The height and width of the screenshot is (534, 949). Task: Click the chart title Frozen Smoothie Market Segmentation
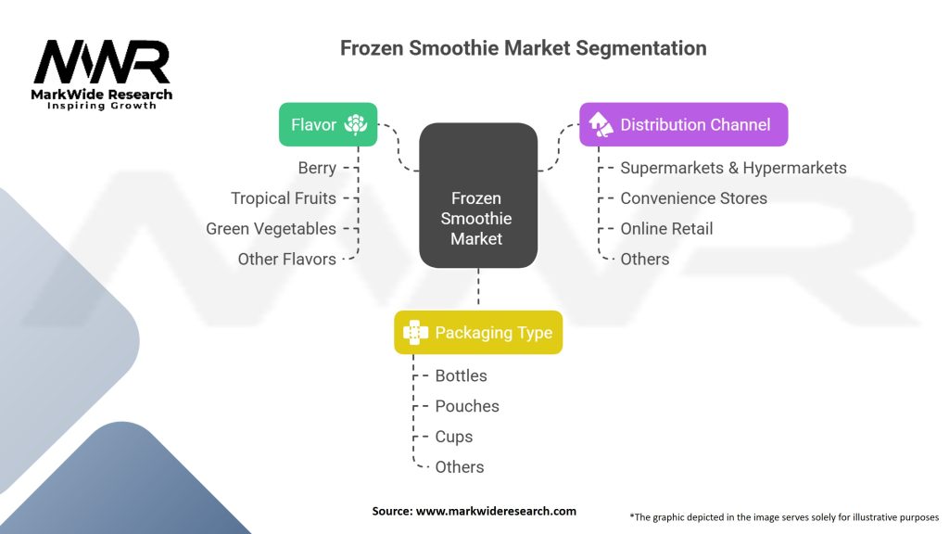pyautogui.click(x=523, y=48)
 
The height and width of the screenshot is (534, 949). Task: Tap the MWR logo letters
pyautogui.click(x=102, y=63)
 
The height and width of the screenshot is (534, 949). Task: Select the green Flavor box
pyautogui.click(x=328, y=124)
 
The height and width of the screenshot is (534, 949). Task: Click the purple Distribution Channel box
pyautogui.click(x=683, y=124)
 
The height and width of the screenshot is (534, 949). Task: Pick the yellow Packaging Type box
pyautogui.click(x=478, y=333)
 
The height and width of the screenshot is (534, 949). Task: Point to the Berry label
pyautogui.click(x=317, y=168)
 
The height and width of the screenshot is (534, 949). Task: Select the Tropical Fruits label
pyautogui.click(x=284, y=198)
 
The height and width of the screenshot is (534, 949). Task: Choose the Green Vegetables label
pyautogui.click(x=271, y=229)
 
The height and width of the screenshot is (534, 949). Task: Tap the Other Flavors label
pyautogui.click(x=286, y=260)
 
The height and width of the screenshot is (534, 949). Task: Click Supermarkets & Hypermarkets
pyautogui.click(x=733, y=168)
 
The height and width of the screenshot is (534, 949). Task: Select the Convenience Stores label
pyautogui.click(x=693, y=198)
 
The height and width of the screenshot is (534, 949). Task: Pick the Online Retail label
pyautogui.click(x=666, y=229)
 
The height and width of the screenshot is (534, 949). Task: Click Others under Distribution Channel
pyautogui.click(x=644, y=260)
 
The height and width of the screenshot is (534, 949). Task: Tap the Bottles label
pyautogui.click(x=461, y=375)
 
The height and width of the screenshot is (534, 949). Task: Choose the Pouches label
pyautogui.click(x=467, y=406)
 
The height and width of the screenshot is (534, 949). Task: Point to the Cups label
pyautogui.click(x=454, y=437)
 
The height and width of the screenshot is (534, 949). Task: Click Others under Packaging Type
pyautogui.click(x=459, y=467)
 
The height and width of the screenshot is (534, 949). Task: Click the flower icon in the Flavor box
pyautogui.click(x=355, y=124)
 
